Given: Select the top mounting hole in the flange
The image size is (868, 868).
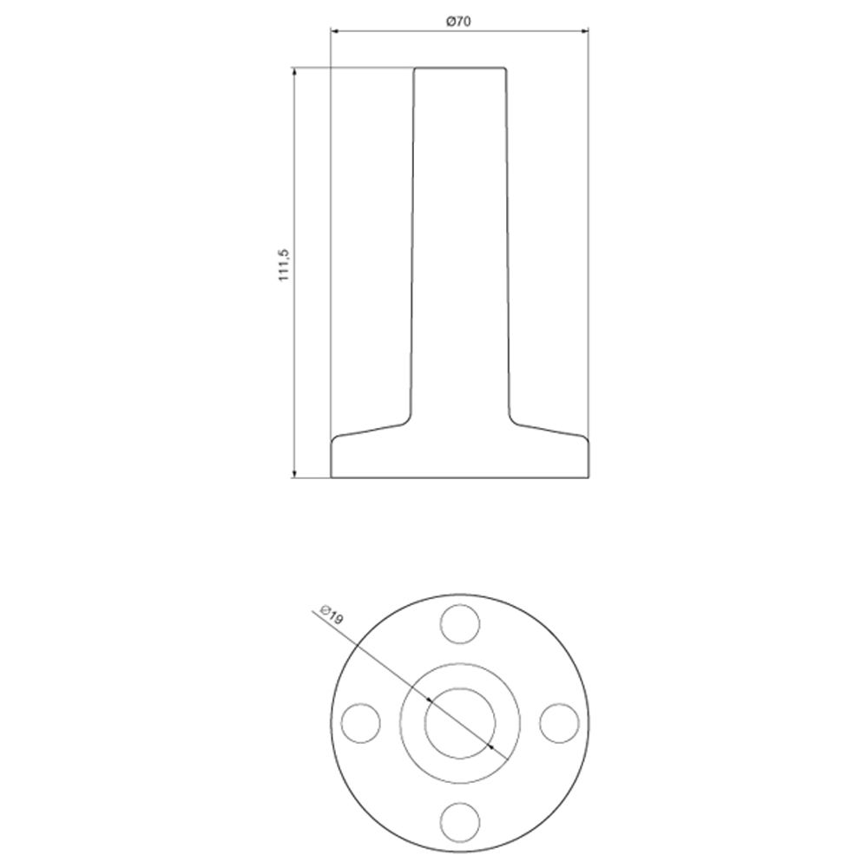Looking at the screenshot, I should (460, 624).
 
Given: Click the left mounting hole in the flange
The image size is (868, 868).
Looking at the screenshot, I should (362, 721).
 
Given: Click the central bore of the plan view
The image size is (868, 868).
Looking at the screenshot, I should (460, 721).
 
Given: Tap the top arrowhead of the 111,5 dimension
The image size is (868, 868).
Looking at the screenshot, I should (294, 71).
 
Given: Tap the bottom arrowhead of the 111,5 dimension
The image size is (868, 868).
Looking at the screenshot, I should (294, 473).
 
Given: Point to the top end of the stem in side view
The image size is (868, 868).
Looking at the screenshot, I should (460, 67).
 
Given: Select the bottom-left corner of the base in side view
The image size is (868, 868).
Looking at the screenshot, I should (332, 477).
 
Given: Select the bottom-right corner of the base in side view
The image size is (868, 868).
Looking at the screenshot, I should (589, 477).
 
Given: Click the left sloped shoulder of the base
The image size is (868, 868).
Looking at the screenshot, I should (369, 429).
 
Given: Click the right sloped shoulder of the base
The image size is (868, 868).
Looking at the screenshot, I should (551, 429).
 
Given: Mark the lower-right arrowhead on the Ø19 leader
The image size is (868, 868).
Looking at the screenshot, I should (491, 746).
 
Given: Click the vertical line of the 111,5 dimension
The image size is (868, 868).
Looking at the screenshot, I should (294, 347).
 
